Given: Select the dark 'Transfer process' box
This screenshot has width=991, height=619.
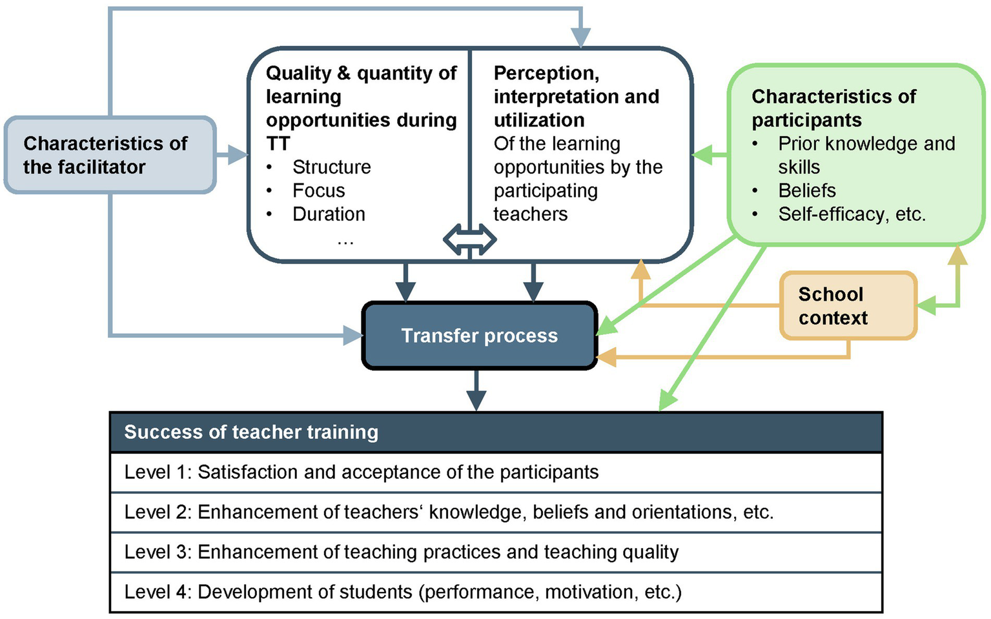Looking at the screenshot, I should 479,336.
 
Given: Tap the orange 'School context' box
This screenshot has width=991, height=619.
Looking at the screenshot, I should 848,306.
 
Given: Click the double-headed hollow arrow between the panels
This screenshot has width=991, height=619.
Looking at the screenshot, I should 469,240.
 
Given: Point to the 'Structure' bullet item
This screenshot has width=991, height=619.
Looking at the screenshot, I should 331,167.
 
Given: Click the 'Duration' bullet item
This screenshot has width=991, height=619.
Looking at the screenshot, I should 329,214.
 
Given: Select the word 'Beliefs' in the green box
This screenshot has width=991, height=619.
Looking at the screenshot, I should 806,190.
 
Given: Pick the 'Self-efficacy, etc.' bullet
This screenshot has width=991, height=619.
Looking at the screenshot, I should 852,214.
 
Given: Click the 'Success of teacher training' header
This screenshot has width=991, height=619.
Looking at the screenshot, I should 251,432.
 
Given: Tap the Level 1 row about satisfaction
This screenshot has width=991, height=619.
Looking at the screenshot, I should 362,472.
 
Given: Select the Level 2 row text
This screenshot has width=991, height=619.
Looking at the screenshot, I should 449,512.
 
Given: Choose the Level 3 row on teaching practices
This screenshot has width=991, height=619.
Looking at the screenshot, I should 401,553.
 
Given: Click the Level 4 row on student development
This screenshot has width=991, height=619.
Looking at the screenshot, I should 403,592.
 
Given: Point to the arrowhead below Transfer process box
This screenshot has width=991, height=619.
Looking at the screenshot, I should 476,401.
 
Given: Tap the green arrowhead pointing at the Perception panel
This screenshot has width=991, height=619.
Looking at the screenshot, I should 701,155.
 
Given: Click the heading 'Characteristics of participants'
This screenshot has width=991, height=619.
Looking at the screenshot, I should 833,108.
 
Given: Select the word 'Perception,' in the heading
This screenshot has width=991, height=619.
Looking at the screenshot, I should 546,74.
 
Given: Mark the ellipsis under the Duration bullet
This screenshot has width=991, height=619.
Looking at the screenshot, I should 345,241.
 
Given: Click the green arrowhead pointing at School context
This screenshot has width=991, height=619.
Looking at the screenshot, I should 926,305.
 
